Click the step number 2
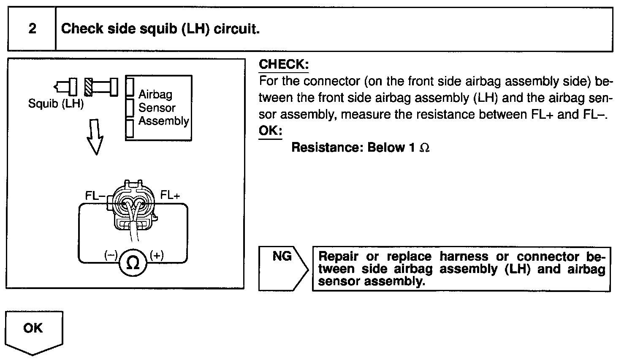pos(32,29)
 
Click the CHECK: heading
pos(284,65)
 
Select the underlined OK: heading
pos(270,131)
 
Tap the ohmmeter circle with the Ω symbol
pos(133,263)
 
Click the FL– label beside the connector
pos(95,196)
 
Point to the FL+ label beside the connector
pos(170,195)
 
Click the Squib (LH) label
pos(56,104)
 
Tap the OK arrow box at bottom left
pos(33,332)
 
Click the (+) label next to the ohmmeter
pos(157,255)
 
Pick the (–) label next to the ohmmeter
pos(111,255)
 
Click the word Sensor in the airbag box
pos(157,108)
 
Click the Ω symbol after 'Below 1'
pos(425,148)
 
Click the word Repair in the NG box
pos(339,256)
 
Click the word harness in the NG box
pos(464,256)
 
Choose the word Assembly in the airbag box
pos(164,121)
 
